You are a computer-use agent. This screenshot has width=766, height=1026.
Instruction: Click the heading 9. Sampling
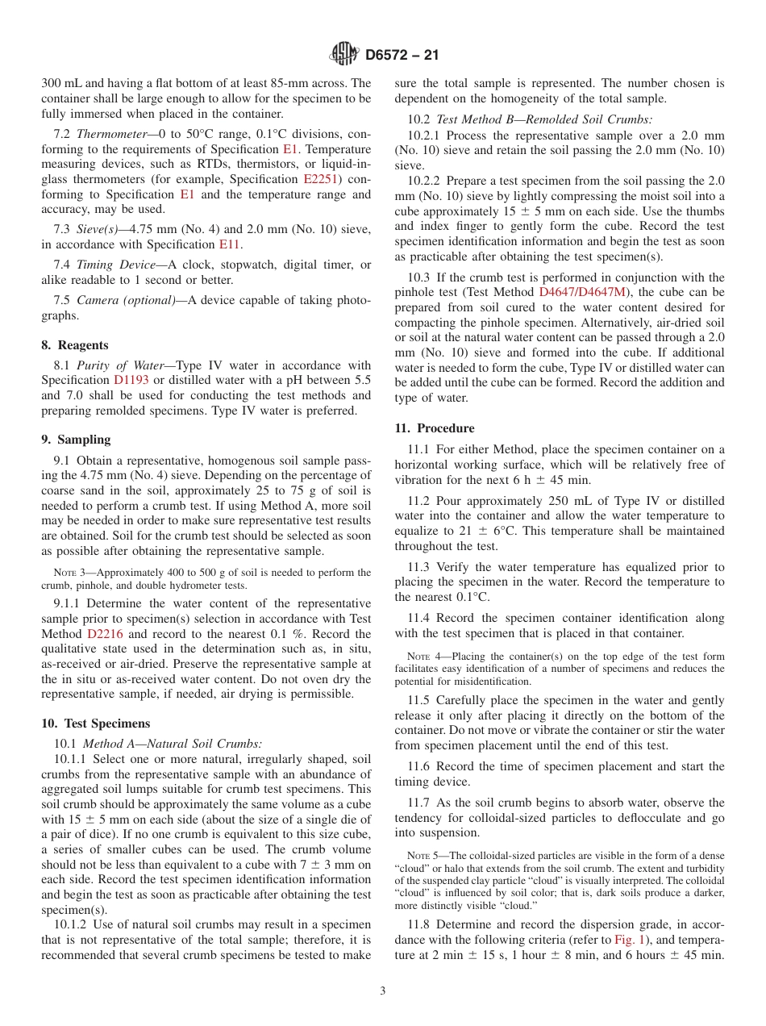coord(76,440)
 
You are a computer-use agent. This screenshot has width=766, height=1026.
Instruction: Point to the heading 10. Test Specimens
coord(95,724)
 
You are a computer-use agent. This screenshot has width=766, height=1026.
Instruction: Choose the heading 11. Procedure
coord(435,428)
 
